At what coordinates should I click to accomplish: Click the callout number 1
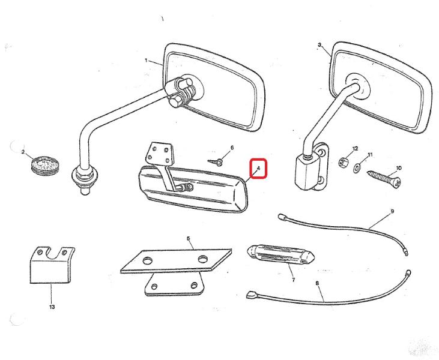pos(146,60)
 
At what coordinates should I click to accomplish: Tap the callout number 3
pos(319,45)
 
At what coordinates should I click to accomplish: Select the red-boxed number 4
pos(259,169)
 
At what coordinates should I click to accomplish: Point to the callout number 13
pos(52,307)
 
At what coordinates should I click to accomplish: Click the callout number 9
pos(392,211)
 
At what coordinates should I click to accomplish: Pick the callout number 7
pos(293,280)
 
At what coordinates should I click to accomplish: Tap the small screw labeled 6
pos(216,161)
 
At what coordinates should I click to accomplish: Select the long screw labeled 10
pos(384,178)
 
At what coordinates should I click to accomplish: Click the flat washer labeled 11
pos(357,168)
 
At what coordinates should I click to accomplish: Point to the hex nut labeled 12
pos(343,161)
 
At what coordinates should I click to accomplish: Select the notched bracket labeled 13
pos(52,265)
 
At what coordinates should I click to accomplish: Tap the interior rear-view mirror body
pos(193,189)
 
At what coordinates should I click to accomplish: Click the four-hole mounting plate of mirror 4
pos(159,154)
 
